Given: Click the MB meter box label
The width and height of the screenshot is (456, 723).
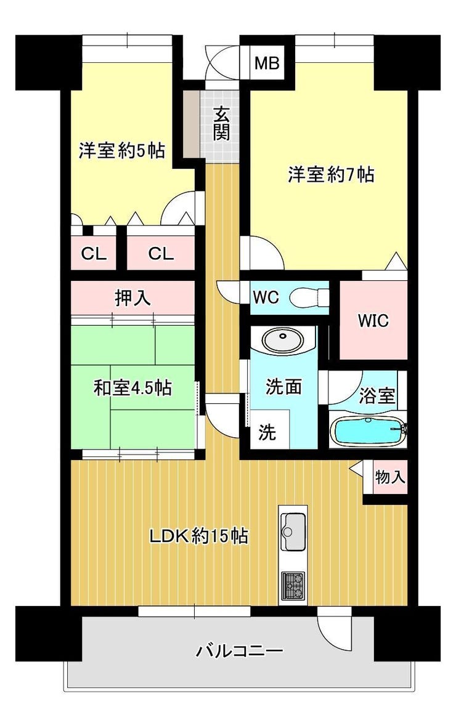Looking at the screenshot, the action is [x=267, y=63].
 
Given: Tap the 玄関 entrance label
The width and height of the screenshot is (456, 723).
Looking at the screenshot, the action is [x=222, y=123].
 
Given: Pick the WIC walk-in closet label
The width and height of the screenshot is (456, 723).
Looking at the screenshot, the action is [x=373, y=320].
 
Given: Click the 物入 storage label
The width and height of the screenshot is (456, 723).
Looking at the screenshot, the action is [x=390, y=477].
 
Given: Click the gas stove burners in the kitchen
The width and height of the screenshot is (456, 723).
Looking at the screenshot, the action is [x=293, y=585].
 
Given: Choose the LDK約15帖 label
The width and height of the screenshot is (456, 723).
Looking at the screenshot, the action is [x=198, y=536].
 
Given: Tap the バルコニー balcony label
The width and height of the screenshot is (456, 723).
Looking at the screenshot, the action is [x=240, y=651].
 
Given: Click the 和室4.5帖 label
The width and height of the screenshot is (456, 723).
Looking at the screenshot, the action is [x=132, y=388].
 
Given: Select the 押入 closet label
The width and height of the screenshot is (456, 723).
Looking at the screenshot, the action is [x=133, y=298].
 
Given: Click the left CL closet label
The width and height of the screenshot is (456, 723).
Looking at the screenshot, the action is [x=94, y=254].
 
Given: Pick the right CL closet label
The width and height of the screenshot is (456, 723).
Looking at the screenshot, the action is [x=161, y=254].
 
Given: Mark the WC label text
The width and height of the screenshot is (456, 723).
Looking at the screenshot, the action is [x=266, y=297].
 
